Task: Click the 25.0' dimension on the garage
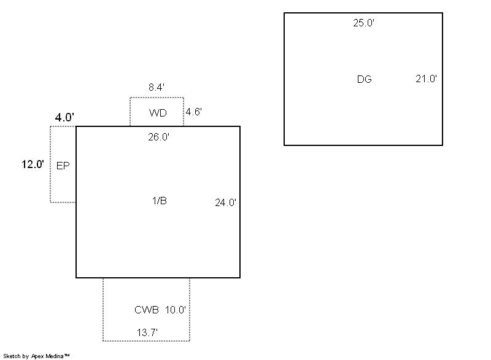pyautogui.click(x=363, y=23)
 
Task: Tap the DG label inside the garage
pyautogui.click(x=364, y=79)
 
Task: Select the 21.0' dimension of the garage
pyautogui.click(x=426, y=79)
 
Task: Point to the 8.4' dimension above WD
pyautogui.click(x=156, y=88)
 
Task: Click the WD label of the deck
pyautogui.click(x=158, y=113)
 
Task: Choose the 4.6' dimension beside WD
pyautogui.click(x=194, y=112)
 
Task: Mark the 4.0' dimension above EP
pyautogui.click(x=64, y=117)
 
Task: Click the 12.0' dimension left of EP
pyautogui.click(x=33, y=164)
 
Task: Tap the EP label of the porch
pyautogui.click(x=63, y=166)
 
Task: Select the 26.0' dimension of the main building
pyautogui.click(x=158, y=137)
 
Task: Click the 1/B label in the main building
pyautogui.click(x=159, y=201)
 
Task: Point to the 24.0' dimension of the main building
pyautogui.click(x=225, y=202)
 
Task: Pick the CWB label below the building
pyautogui.click(x=147, y=310)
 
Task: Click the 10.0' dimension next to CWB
pyautogui.click(x=175, y=310)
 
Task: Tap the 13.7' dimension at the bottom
pyautogui.click(x=147, y=332)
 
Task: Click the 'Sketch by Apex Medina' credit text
pyautogui.click(x=36, y=356)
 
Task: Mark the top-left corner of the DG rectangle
pyautogui.click(x=284, y=13)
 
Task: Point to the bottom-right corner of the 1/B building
pyautogui.click(x=239, y=277)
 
